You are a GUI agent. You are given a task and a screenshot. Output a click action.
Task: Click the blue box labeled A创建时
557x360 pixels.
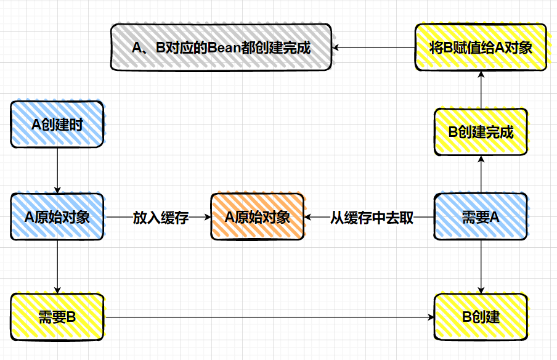click(57, 125)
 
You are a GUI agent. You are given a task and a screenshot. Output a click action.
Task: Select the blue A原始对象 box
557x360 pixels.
click(57, 216)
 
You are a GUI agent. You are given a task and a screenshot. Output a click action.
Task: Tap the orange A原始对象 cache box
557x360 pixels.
click(257, 217)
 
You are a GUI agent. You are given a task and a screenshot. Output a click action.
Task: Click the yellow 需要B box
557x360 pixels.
click(57, 317)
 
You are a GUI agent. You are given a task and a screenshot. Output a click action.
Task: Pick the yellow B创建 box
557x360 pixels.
click(481, 317)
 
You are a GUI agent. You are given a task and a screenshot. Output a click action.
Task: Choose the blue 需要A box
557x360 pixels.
click(481, 216)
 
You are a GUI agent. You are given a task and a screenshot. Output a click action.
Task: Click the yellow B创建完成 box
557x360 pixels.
click(481, 131)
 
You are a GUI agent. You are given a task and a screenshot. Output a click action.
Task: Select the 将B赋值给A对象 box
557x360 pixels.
click(481, 47)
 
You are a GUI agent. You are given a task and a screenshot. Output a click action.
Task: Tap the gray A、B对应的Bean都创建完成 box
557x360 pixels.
click(221, 47)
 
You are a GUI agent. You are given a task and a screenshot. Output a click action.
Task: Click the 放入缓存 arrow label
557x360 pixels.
click(160, 218)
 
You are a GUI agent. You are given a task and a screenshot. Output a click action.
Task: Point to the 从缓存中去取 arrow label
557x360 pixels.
click(372, 218)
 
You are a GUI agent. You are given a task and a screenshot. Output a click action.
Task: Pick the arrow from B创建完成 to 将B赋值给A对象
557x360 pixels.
click(481, 89)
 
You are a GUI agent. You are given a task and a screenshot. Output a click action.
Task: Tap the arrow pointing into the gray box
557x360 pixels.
click(373, 47)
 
